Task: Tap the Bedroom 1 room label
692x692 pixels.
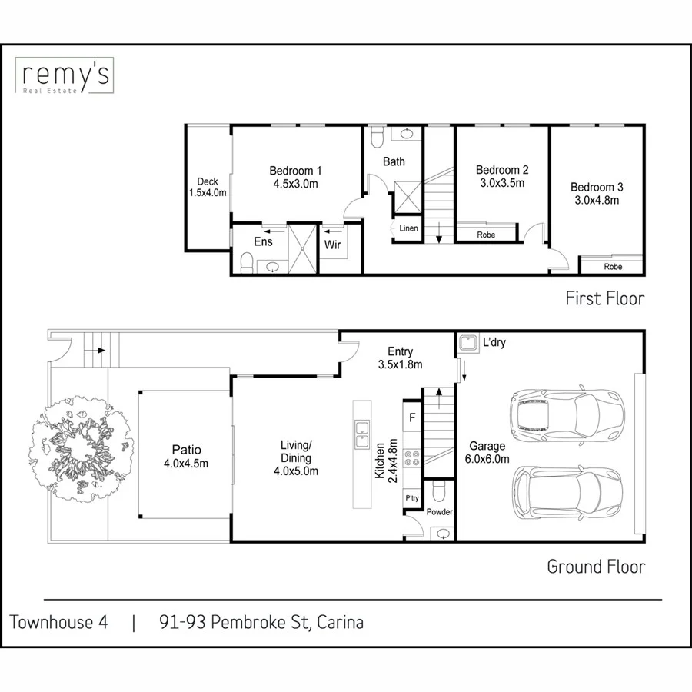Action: click(x=295, y=177)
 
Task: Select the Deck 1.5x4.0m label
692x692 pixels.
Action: click(x=208, y=188)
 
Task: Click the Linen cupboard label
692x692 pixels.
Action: click(x=408, y=228)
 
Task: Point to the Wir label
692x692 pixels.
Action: click(x=332, y=245)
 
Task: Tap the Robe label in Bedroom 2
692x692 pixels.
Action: click(x=486, y=235)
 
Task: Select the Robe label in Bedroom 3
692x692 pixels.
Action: click(x=613, y=267)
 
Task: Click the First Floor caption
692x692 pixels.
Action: click(x=604, y=298)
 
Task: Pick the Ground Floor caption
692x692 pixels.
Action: click(x=596, y=567)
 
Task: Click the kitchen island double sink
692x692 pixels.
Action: click(x=361, y=434)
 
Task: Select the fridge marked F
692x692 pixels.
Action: click(x=412, y=419)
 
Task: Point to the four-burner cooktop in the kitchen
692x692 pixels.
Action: click(x=412, y=458)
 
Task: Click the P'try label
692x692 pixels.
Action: click(x=412, y=499)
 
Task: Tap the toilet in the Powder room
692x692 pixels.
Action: click(x=439, y=491)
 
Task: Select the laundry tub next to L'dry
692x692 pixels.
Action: click(x=466, y=342)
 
